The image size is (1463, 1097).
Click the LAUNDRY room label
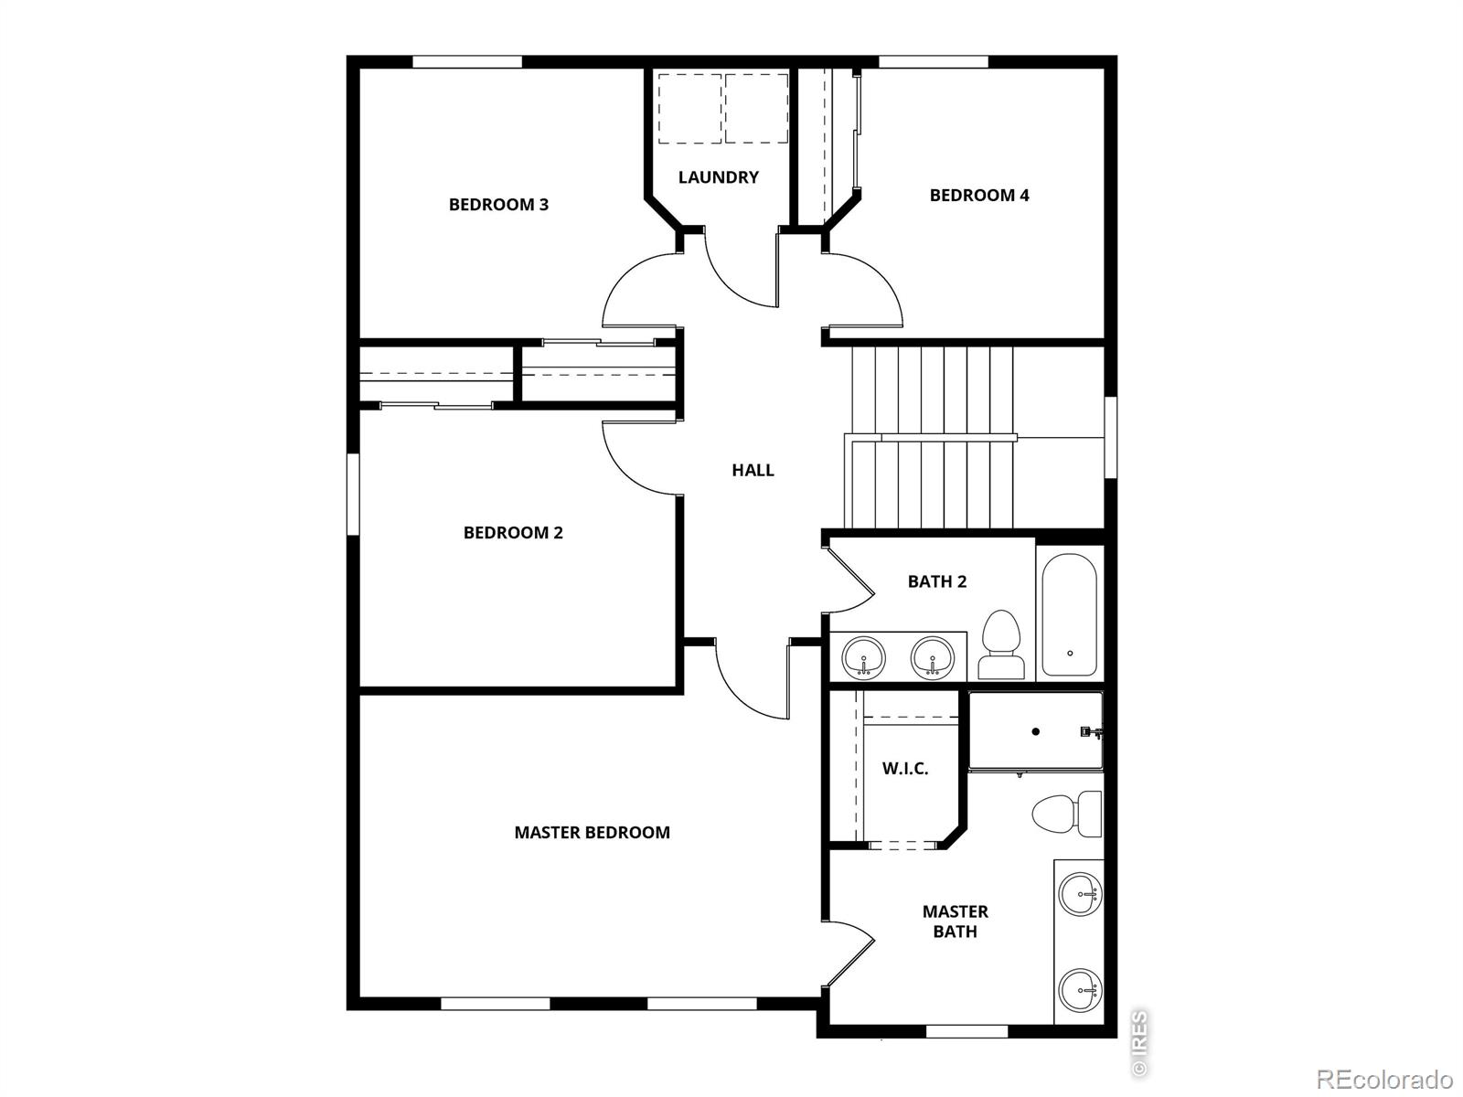click(718, 177)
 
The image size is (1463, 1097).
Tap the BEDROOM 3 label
click(498, 205)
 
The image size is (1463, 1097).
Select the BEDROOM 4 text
click(978, 196)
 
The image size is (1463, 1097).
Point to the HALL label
click(753, 471)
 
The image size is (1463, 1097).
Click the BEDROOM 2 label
click(513, 533)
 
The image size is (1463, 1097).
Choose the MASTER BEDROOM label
click(592, 833)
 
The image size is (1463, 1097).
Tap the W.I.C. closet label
click(904, 769)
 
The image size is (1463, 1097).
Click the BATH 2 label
click(936, 581)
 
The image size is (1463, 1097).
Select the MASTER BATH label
click(955, 921)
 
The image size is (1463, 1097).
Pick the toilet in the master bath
click(1066, 814)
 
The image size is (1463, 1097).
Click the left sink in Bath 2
click(863, 657)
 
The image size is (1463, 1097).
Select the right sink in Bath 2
click(933, 657)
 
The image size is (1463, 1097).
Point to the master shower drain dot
click(1036, 731)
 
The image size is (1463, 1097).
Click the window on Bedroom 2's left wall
click(352, 494)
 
